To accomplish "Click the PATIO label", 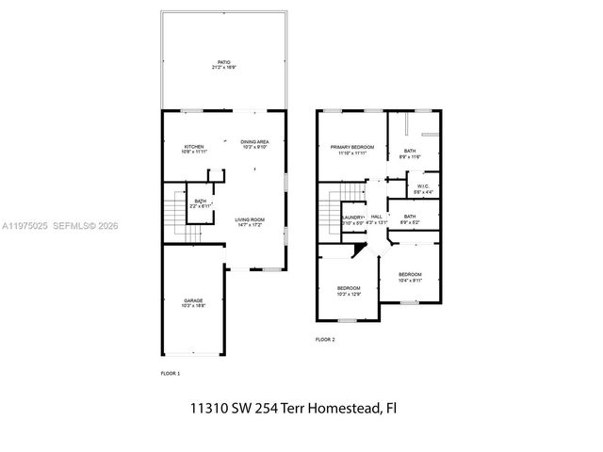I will click(x=223, y=63).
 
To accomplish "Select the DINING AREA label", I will click(x=254, y=142).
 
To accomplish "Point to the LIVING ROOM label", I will click(x=250, y=219).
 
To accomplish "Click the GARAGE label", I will click(x=191, y=301).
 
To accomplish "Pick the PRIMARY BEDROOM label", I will click(x=351, y=148).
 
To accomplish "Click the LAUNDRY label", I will click(x=353, y=218).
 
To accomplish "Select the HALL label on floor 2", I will click(x=376, y=218).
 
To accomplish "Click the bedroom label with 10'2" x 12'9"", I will click(x=349, y=288).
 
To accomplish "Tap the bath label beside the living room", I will click(x=200, y=201).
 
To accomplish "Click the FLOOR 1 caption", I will click(x=171, y=373).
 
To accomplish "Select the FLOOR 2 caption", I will click(x=325, y=339).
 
